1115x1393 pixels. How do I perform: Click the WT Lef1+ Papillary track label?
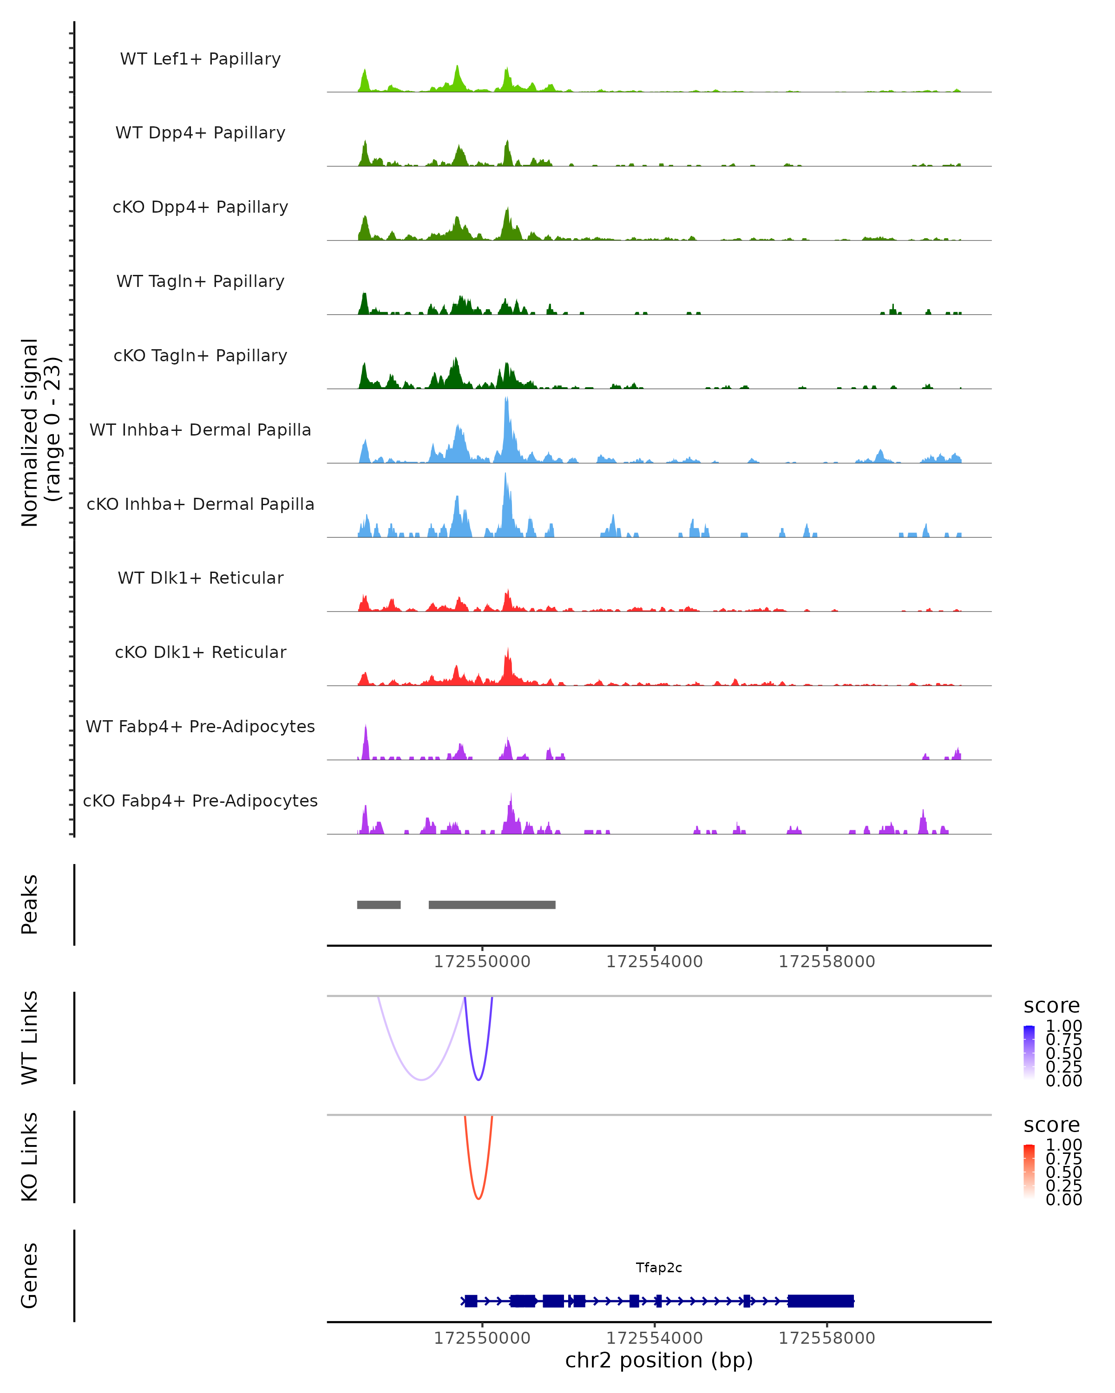pyautogui.click(x=200, y=59)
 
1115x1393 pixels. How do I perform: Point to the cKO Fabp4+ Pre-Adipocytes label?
pyautogui.click(x=200, y=801)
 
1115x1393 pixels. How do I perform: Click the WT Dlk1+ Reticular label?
pyautogui.click(x=200, y=578)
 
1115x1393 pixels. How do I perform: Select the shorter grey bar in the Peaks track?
pyautogui.click(x=379, y=905)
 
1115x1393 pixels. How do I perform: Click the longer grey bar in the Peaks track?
pyautogui.click(x=492, y=905)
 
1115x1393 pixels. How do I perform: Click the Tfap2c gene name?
pyautogui.click(x=659, y=1268)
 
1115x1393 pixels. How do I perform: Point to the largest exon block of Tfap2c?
pyautogui.click(x=821, y=1301)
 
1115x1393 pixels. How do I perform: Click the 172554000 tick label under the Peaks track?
pyautogui.click(x=654, y=962)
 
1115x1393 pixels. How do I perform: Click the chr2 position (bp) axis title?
pyautogui.click(x=659, y=1360)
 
